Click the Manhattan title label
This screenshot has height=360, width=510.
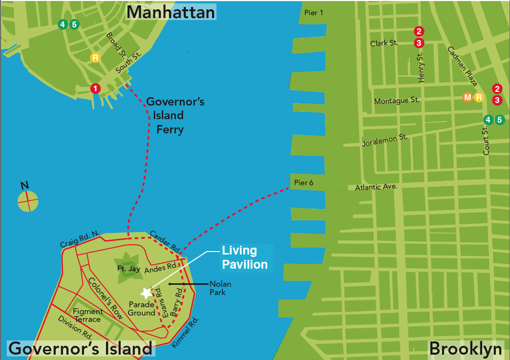170,12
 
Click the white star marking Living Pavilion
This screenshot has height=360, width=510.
146,293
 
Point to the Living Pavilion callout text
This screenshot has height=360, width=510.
245,257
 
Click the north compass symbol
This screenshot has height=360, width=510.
28,200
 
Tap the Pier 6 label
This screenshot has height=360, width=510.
303,183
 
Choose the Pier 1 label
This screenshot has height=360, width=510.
314,13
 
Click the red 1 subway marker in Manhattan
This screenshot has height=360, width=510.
96,88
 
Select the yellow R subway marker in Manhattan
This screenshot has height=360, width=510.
95,58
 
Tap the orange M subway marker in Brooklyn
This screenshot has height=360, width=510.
467,97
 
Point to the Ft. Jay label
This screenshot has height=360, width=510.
129,269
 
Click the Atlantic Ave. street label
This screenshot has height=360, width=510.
376,187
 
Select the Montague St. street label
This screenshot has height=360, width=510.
396,101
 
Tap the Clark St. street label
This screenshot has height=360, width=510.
384,43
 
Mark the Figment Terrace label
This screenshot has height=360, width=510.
87,316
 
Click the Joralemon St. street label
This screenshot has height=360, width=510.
385,141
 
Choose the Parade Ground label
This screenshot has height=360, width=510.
142,309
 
